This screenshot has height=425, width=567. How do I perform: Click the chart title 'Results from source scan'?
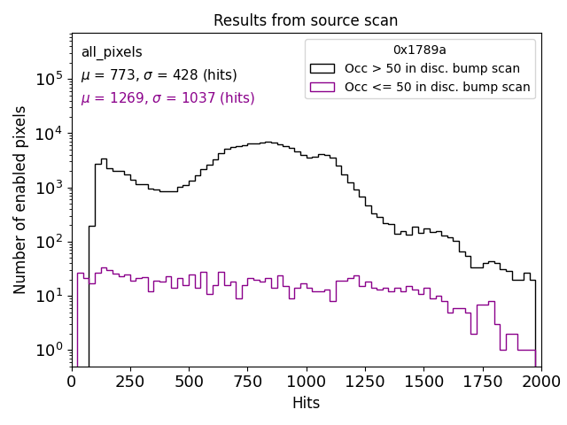[306, 20]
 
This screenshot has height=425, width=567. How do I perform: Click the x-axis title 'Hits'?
[306, 404]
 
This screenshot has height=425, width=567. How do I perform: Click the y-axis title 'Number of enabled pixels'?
[20, 200]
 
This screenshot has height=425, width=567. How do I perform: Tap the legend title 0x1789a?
[420, 50]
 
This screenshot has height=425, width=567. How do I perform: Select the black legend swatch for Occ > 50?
[323, 68]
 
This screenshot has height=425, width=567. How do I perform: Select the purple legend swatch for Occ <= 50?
[323, 87]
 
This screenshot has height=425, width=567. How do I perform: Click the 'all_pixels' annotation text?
[112, 53]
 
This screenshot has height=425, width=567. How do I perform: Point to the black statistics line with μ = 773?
[159, 75]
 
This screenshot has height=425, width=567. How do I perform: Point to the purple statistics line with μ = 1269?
[167, 98]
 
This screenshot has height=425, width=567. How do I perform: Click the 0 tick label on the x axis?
[73, 382]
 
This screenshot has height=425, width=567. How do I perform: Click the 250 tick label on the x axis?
[131, 382]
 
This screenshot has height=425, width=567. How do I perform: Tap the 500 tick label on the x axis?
[190, 382]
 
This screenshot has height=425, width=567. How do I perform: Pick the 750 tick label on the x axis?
[248, 382]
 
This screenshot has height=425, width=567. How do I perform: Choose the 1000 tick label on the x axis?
[307, 382]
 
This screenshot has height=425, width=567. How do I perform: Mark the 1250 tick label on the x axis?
[365, 382]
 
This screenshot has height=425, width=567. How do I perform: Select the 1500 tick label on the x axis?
[423, 382]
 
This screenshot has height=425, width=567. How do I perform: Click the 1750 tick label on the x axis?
[482, 382]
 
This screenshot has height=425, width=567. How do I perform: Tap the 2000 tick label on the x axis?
[540, 382]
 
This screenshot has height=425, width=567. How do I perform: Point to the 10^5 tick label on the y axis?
[50, 79]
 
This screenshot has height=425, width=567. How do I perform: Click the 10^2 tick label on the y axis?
[50, 241]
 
